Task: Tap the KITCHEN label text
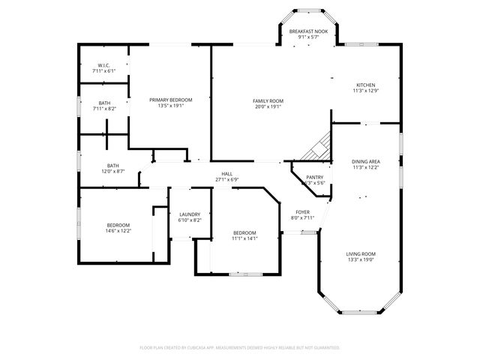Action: click(x=365, y=85)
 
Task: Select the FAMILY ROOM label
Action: click(x=267, y=100)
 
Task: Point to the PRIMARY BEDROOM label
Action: click(x=170, y=100)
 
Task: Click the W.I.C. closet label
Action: click(x=103, y=65)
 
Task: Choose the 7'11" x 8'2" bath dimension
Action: click(x=103, y=109)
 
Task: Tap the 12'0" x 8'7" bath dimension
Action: click(x=112, y=171)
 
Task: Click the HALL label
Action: click(x=226, y=174)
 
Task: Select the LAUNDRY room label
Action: click(x=189, y=214)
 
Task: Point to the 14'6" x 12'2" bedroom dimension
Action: click(x=118, y=230)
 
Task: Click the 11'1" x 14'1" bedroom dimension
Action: click(x=244, y=238)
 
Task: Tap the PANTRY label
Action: click(x=314, y=178)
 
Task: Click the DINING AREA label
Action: click(x=365, y=161)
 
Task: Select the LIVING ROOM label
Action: click(x=361, y=253)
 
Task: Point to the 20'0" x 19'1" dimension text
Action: click(x=267, y=106)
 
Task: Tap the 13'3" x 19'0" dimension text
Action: click(x=361, y=259)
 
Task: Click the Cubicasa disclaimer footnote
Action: click(x=240, y=347)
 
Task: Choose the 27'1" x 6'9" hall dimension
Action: click(x=226, y=180)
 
